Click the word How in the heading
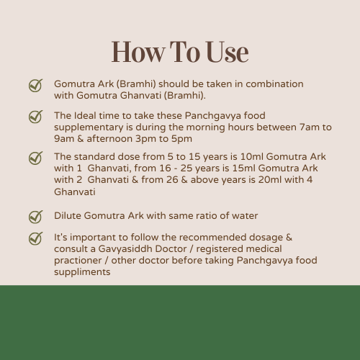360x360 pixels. [139, 52]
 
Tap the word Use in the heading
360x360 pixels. [228, 52]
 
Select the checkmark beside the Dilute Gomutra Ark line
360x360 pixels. [35, 217]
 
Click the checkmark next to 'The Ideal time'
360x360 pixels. [35, 117]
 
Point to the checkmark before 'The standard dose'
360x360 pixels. [35, 158]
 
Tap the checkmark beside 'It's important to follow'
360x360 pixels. [35, 238]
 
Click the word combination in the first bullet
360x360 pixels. [274, 84]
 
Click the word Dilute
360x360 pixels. [68, 215]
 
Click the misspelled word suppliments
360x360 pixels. [82, 272]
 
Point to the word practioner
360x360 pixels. [78, 261]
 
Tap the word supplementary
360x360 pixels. [89, 127]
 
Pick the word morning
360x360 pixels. [206, 127]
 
